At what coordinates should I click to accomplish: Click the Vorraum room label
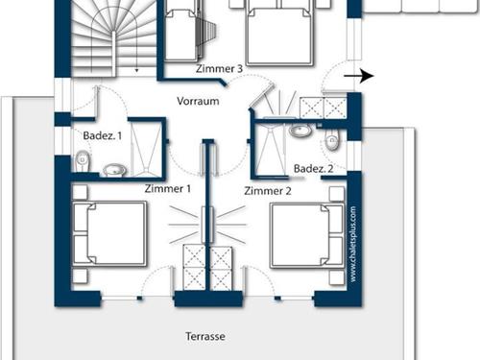coord(199,101)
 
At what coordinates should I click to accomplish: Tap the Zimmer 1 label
coord(167,189)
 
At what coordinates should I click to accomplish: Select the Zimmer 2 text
coord(267,191)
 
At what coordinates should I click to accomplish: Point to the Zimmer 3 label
coord(220,69)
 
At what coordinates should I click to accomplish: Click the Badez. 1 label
coord(103,136)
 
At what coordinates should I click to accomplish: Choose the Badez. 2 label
coord(313,169)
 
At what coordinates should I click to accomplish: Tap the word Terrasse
coord(206,337)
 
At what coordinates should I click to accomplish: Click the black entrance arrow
coord(360,76)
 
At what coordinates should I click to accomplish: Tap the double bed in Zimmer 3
coord(277,31)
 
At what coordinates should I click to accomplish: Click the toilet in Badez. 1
coord(84,161)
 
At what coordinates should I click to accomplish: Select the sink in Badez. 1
coord(115,171)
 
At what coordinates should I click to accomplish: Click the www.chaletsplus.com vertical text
coord(352,244)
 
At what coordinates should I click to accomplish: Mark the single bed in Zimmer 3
coord(180,34)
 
